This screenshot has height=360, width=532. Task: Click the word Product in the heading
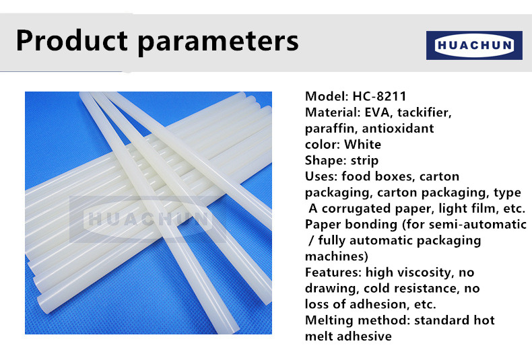pos(72,40)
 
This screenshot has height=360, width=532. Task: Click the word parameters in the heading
pos(218,42)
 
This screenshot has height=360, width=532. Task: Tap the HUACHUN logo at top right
pos(474,46)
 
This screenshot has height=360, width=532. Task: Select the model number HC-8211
pos(379,96)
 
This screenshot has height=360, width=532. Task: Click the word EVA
pos(377,112)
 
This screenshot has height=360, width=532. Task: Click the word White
pos(362,145)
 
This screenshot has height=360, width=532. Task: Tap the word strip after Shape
pos(364,161)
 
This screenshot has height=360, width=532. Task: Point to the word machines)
pos(336,256)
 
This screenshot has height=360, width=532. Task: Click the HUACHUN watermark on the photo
pos(148,219)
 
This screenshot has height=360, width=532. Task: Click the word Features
pos(333,273)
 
